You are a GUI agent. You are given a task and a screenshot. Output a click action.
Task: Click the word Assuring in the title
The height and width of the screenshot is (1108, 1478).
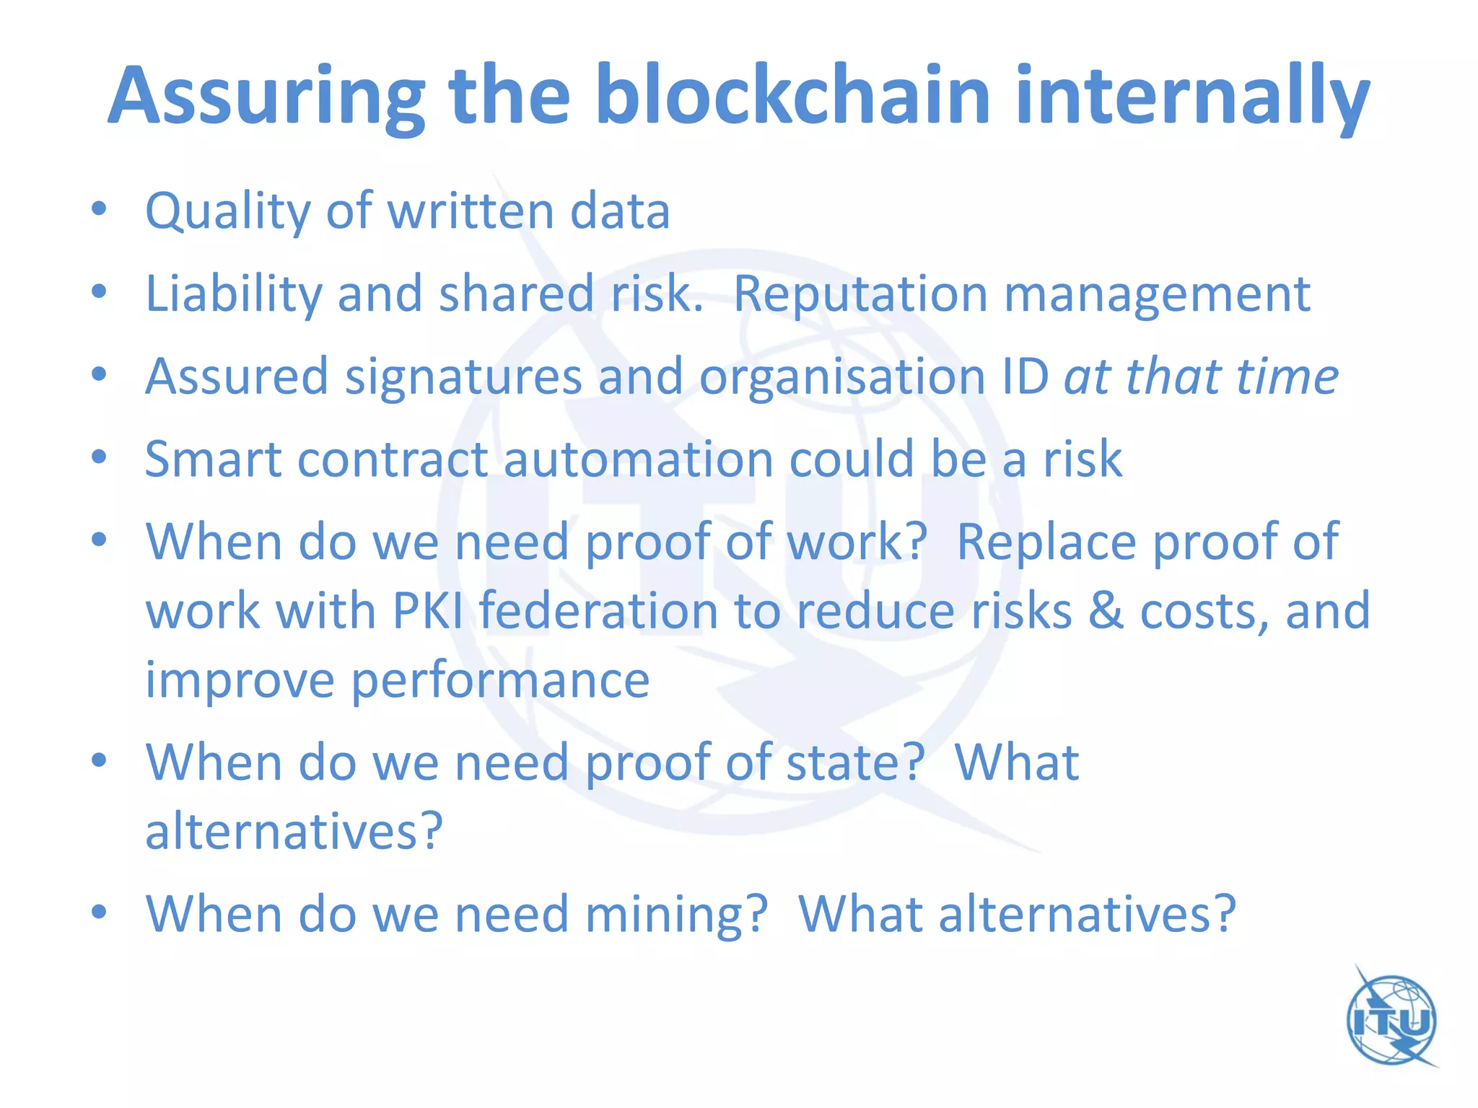coord(267,97)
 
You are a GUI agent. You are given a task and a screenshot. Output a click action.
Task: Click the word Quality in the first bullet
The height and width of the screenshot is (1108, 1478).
coord(227,211)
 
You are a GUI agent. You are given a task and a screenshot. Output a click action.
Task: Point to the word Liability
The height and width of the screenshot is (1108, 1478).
coord(233,294)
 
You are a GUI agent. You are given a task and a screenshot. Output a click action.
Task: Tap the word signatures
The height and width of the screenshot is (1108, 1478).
coord(463,377)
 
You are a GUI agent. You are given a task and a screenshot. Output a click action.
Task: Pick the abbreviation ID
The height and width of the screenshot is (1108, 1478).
coord(1025,377)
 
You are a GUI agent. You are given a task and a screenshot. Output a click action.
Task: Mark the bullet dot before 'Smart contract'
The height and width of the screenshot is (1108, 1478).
coord(100,457)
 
